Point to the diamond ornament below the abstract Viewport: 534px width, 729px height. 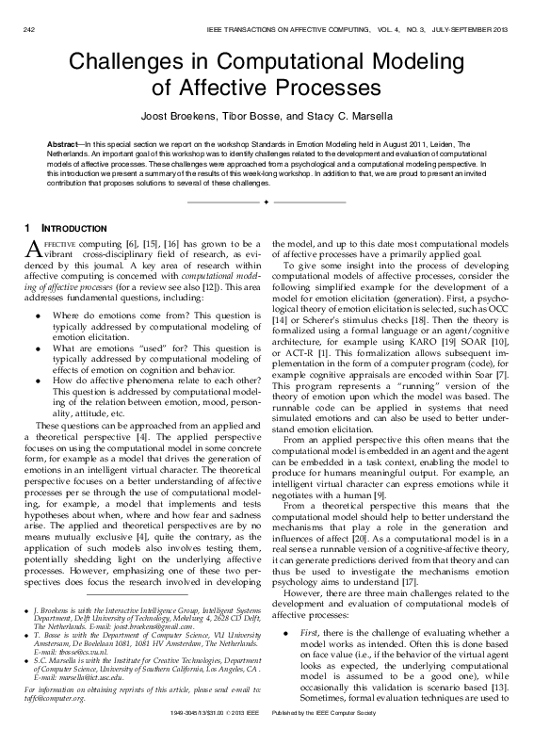coord(267,202)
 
